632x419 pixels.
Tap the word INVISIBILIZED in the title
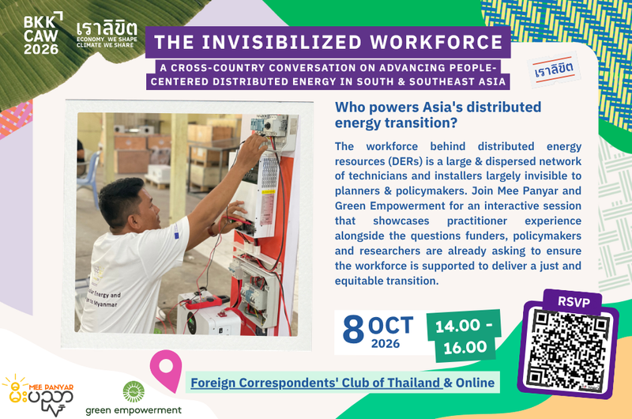coord(282,43)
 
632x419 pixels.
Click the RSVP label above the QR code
coord(574,302)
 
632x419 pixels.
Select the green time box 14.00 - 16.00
coord(464,335)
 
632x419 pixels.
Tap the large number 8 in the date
coord(353,330)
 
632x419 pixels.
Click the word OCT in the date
coord(390,326)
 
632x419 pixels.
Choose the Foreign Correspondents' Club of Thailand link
coord(317,383)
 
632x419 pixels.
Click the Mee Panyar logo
coord(38,395)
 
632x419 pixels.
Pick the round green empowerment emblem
coord(134,391)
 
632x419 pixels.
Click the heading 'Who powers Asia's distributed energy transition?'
coord(438,115)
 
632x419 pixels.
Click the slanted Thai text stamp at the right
coord(554,70)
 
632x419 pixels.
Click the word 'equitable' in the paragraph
coord(359,281)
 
